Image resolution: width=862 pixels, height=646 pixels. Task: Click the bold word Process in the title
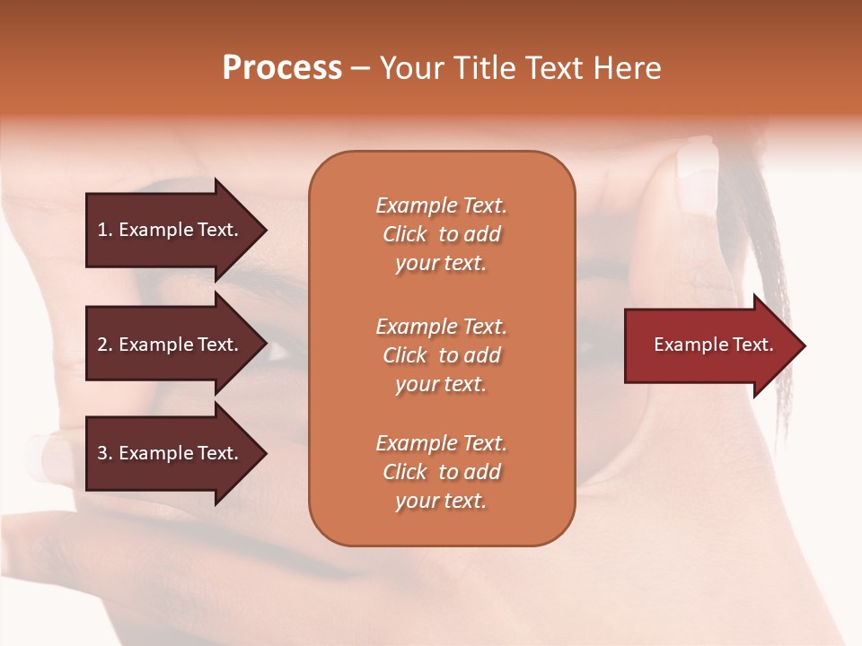click(x=282, y=68)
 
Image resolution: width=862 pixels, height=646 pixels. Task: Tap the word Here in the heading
click(x=626, y=68)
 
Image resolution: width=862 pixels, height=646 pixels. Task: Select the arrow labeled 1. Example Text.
click(x=171, y=230)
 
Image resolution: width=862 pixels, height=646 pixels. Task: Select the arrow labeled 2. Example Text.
click(x=171, y=345)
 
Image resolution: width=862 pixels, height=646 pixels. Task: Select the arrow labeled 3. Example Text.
click(x=171, y=453)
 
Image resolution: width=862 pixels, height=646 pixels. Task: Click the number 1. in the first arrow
click(x=104, y=230)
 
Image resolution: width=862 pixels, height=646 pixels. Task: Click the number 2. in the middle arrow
click(x=104, y=345)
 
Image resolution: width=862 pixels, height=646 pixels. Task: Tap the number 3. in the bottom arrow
click(x=104, y=453)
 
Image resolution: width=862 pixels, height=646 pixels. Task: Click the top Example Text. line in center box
click(x=441, y=205)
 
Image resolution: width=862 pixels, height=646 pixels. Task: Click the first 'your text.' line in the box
click(x=441, y=263)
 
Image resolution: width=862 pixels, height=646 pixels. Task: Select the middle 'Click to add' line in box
click(x=441, y=355)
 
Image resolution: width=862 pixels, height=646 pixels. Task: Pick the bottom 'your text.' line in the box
click(x=441, y=501)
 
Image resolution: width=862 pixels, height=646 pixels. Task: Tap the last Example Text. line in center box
click(x=441, y=443)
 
